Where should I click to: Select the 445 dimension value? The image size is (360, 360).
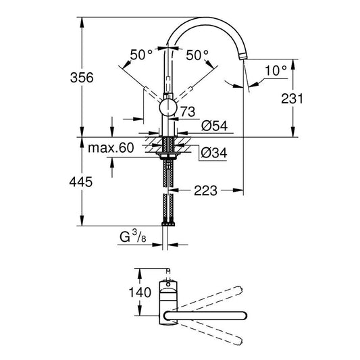pos(80,182)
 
